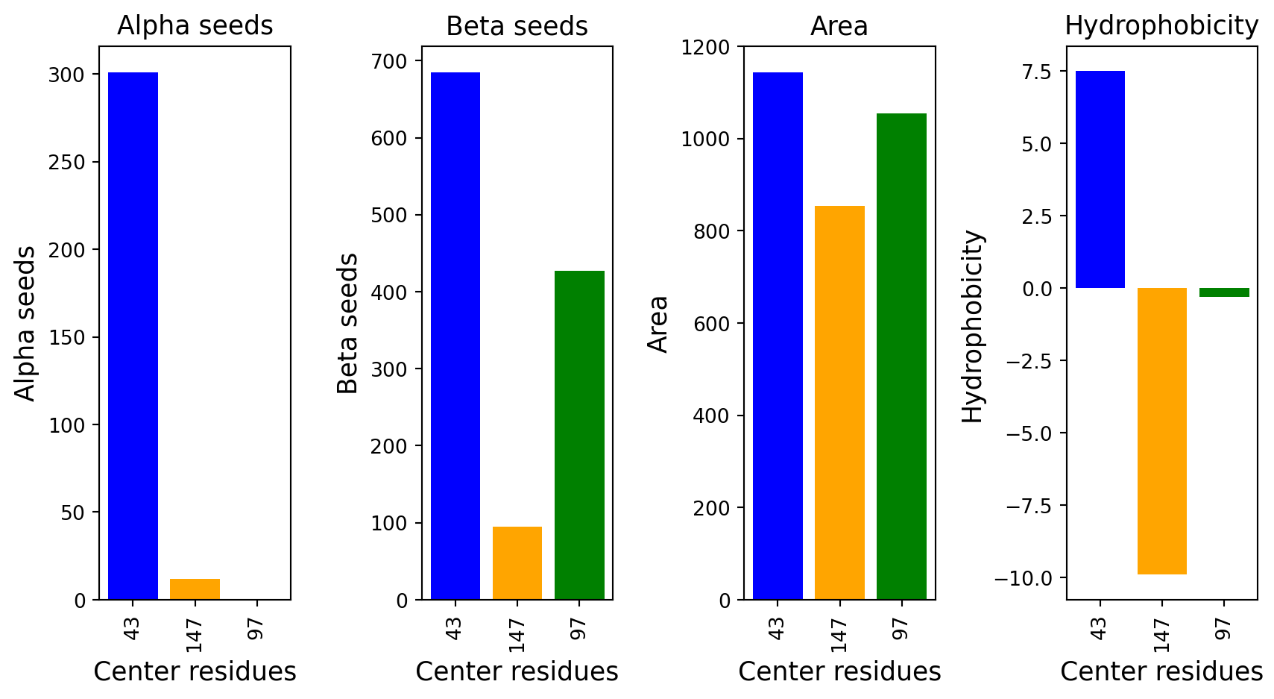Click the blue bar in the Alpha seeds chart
coord(133,336)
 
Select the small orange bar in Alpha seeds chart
coord(195,589)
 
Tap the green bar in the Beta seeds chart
coord(579,435)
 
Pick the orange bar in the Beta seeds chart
coord(517,563)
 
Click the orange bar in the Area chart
coord(839,402)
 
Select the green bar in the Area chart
coord(901,357)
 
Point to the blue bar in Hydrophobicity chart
coord(1100,179)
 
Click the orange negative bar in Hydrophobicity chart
coord(1162,431)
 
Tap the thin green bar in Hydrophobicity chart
coord(1224,292)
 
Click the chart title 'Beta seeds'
coord(517,26)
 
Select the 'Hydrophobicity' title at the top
coord(1161,25)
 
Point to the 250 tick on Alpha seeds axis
coord(66,162)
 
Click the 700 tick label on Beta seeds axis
coord(390,61)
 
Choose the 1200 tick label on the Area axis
coord(705,47)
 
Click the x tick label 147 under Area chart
coord(839,636)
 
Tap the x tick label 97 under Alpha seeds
coord(256,629)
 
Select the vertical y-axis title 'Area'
coord(658,325)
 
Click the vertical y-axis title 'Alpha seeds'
coord(25,324)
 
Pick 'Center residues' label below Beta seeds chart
coord(517,671)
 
